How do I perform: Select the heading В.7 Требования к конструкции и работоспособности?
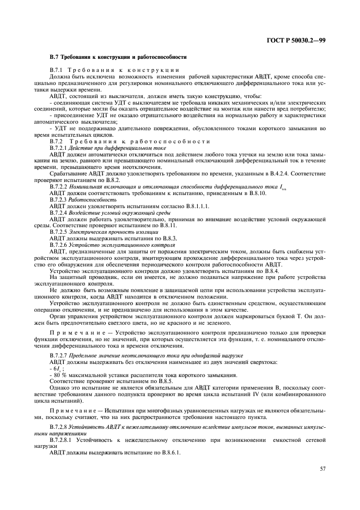118,57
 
